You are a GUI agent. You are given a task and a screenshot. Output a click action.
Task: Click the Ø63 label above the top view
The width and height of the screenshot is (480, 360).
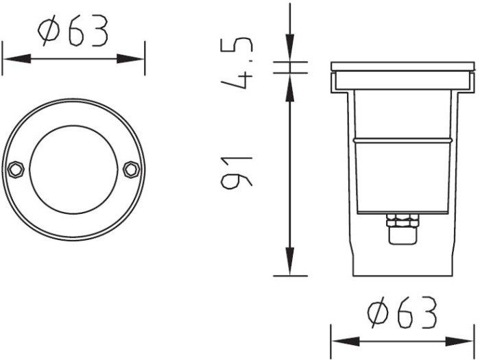tap(73, 31)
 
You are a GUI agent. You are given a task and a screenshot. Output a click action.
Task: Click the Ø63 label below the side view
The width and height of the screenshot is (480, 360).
tap(402, 312)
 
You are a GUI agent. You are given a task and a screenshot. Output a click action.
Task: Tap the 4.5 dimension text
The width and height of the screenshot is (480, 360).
tap(237, 63)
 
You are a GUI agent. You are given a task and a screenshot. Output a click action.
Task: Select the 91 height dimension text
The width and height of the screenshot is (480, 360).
tap(237, 172)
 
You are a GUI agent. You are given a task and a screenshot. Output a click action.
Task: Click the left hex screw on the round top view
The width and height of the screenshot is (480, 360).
tap(16, 169)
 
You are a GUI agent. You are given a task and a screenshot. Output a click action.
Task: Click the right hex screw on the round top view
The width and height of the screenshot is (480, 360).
tap(132, 169)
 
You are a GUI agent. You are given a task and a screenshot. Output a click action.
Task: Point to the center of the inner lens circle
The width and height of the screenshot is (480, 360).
tap(73, 169)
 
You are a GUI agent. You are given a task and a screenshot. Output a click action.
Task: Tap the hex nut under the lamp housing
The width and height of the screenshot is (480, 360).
tap(403, 221)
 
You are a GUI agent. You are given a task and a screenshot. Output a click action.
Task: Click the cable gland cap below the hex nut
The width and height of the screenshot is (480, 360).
tap(403, 236)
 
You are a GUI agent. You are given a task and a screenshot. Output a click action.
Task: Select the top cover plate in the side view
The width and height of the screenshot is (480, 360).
tap(403, 67)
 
